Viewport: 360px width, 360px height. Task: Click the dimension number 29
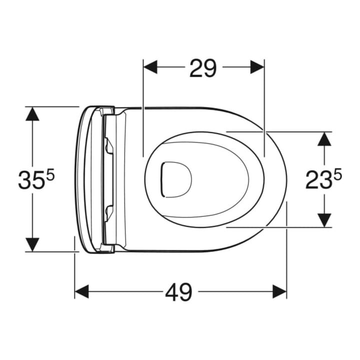(x=203, y=68)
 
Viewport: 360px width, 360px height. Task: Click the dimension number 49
(x=178, y=292)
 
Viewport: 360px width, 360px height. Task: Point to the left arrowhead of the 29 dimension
(x=150, y=67)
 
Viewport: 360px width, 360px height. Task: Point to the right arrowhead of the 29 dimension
(x=257, y=67)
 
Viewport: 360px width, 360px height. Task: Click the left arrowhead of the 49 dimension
(x=82, y=291)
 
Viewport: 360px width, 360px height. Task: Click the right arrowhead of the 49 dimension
(x=279, y=291)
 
